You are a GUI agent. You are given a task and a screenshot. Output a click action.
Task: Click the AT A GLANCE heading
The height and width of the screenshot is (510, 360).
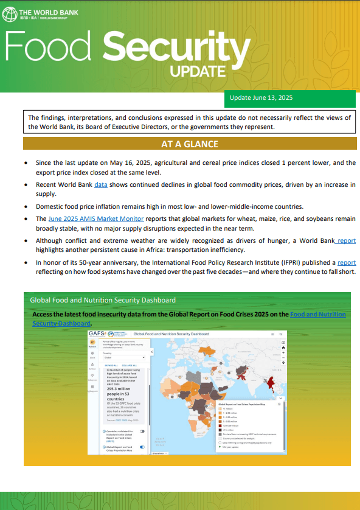(x=190, y=144)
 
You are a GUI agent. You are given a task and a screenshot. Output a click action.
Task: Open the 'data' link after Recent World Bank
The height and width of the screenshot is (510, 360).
(x=101, y=183)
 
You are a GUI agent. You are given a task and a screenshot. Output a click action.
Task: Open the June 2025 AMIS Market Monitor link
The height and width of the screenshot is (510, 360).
(x=96, y=218)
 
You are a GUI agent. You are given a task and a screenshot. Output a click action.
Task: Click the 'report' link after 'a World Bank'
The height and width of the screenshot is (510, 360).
(x=347, y=241)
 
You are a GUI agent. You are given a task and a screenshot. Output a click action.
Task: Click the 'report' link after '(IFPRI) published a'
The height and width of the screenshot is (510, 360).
(x=347, y=263)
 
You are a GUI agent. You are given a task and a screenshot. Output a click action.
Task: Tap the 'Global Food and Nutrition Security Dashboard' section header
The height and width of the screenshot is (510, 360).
(x=103, y=300)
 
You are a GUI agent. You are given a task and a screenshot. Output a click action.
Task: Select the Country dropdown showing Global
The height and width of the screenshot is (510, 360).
(x=124, y=358)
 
